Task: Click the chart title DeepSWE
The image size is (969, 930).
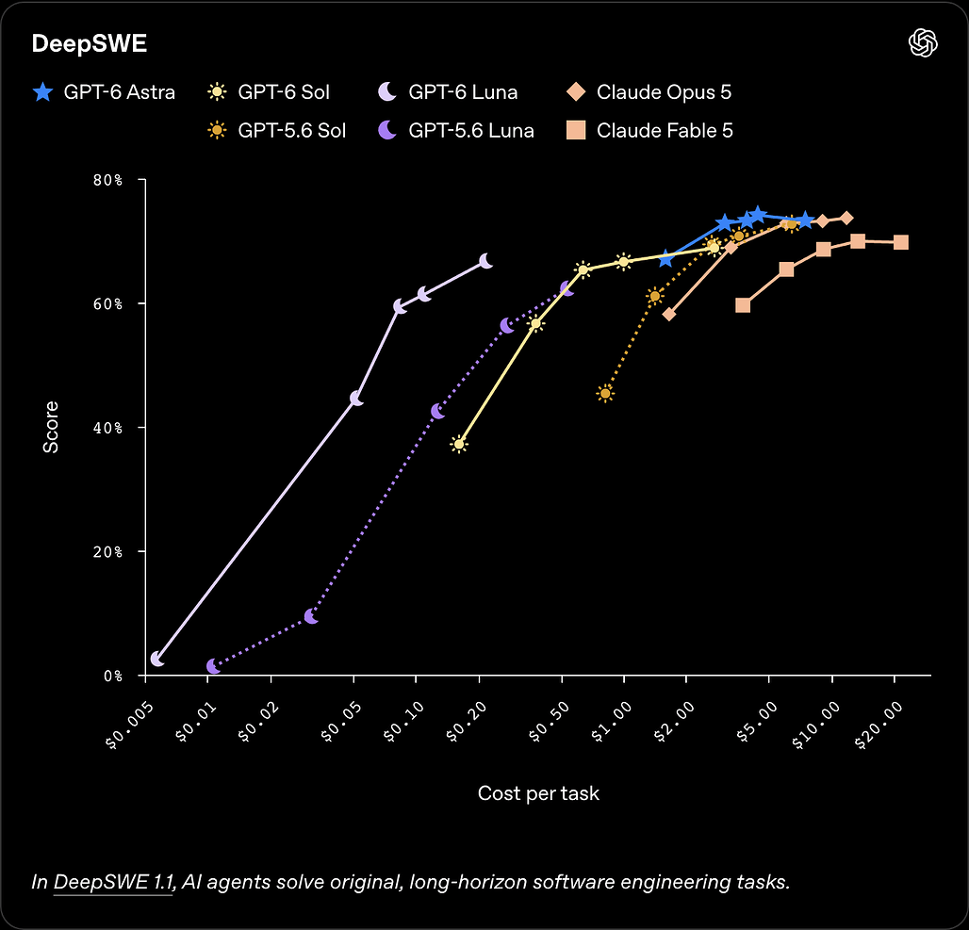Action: pos(89,44)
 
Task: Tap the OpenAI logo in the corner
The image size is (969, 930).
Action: pos(923,43)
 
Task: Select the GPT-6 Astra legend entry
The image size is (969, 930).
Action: pos(104,92)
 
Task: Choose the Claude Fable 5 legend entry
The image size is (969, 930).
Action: pos(649,130)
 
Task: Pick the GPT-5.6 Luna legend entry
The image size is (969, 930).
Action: pos(455,130)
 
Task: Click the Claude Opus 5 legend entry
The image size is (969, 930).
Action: pos(649,92)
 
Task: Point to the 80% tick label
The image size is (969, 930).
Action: pos(107,180)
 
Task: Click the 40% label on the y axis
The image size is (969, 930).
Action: pos(107,428)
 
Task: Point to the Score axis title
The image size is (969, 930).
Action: pos(51,427)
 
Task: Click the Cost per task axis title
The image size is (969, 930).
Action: pos(538,792)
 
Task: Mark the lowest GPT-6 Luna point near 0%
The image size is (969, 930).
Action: pos(157,659)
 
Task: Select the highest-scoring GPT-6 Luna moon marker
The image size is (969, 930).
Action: pos(485,261)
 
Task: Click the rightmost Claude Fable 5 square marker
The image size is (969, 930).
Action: pos(901,242)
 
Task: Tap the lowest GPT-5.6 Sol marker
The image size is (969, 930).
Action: pos(605,394)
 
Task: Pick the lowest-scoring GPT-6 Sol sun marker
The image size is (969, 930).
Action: pos(458,444)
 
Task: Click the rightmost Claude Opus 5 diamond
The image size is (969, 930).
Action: pos(846,219)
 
